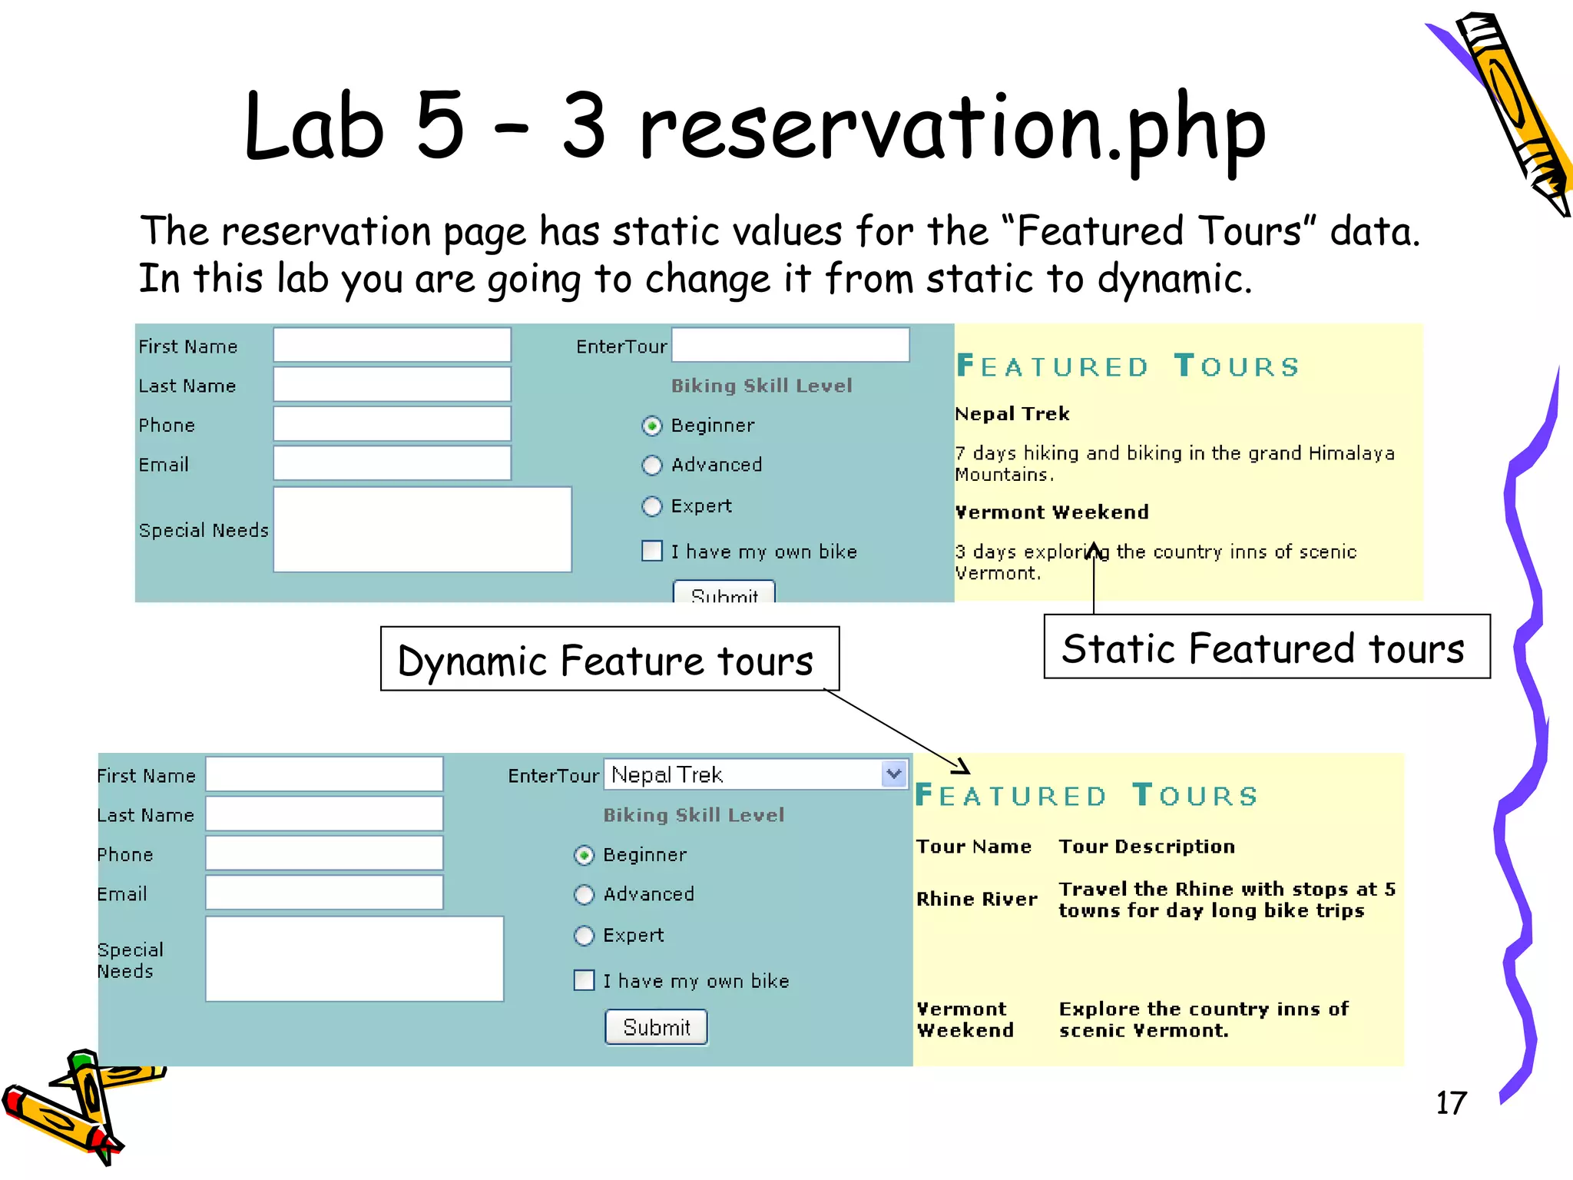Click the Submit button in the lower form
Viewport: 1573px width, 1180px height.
pos(656,1027)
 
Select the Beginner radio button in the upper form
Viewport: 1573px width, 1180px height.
pos(651,426)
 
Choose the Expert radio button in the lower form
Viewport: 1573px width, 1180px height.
pos(584,935)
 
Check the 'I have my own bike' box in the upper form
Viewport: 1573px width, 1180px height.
pos(651,551)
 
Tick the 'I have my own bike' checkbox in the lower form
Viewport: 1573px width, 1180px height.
pos(584,980)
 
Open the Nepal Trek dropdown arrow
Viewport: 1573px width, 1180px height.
pos(893,774)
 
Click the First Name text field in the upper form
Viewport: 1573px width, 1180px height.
pos(392,345)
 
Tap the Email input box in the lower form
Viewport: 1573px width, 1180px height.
pos(324,893)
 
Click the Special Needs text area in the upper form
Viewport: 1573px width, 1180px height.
pos(422,529)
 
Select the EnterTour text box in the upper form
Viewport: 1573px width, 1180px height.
pos(790,345)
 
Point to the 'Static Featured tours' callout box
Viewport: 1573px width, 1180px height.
pos(1267,647)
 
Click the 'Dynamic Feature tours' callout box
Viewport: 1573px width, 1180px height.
pos(609,659)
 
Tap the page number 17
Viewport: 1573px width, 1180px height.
pos(1451,1103)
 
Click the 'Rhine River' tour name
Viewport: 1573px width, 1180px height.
pos(976,899)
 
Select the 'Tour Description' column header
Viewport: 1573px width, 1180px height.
pos(1147,847)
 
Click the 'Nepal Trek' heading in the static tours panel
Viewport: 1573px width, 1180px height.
pos(1012,414)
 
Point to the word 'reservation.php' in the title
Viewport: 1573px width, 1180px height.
pos(952,129)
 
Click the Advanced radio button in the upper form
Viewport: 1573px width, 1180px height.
pos(651,466)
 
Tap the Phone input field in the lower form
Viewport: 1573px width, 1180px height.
pos(324,854)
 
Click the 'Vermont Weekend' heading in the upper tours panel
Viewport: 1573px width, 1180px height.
pos(1051,512)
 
